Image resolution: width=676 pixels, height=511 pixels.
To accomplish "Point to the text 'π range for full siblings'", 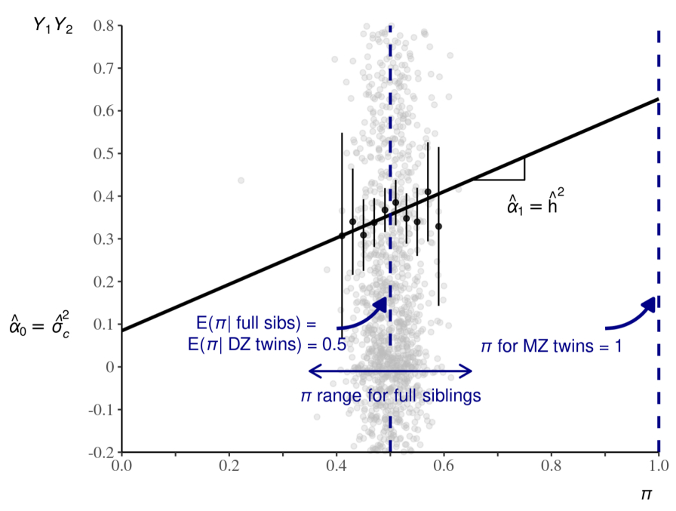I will [391, 395].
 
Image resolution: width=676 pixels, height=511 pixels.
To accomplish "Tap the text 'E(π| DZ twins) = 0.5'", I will [267, 346].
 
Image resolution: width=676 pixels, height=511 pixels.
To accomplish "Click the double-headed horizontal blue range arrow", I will [391, 371].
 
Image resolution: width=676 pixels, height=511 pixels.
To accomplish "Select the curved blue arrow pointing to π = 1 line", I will [630, 316].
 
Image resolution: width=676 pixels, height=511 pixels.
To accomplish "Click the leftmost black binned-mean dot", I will [342, 235].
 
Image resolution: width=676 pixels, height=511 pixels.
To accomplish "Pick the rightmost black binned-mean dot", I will [438, 226].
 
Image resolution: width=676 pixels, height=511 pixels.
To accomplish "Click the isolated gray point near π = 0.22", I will [241, 180].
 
